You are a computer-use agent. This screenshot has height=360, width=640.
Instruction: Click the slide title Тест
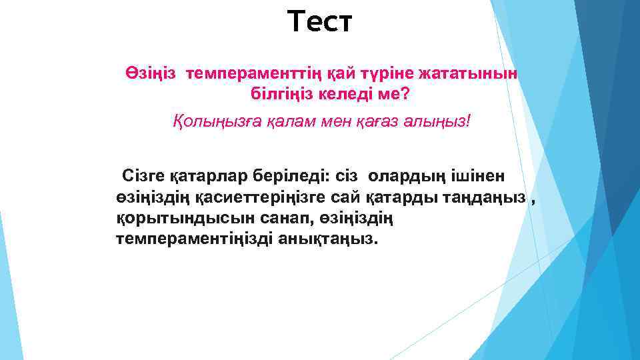coord(320,21)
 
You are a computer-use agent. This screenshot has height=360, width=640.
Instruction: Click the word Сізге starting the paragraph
coord(142,176)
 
